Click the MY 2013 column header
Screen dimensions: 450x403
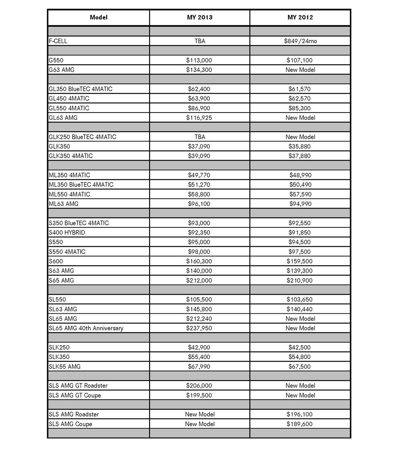coord(199,17)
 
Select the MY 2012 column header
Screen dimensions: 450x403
coord(300,17)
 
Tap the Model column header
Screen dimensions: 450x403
coord(98,17)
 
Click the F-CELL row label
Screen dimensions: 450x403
coord(61,41)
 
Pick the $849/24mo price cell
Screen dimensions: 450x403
coord(300,41)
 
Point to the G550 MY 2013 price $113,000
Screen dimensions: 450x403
coord(199,60)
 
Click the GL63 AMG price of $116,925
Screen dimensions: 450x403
coord(199,118)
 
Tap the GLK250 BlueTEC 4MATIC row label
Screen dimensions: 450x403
coord(82,137)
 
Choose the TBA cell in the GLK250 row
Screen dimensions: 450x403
coord(199,137)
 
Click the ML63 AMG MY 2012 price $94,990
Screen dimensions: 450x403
coord(300,204)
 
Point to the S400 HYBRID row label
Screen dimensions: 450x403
coord(67,233)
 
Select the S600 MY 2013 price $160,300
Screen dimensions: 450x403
coord(199,261)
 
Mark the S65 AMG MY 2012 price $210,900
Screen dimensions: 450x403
coord(300,280)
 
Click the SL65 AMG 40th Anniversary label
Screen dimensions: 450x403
coord(86,328)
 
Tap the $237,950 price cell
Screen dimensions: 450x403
coord(199,328)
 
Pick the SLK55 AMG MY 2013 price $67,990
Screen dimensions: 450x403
coord(199,367)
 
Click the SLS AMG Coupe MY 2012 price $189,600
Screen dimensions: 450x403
coord(300,424)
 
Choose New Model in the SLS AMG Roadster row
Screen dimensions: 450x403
coord(199,414)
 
